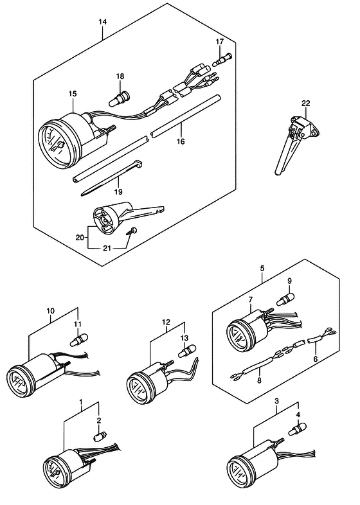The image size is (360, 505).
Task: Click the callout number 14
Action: tap(102, 22)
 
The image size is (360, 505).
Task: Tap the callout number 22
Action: tap(305, 103)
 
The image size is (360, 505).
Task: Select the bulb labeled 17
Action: tap(221, 59)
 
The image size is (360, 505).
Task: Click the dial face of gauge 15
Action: tap(55, 144)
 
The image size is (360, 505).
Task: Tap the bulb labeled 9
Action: tap(285, 299)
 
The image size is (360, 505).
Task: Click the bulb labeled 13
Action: tap(187, 351)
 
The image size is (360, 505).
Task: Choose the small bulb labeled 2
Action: tap(98, 437)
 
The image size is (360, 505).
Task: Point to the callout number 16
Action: tap(181, 141)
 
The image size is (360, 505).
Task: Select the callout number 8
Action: tap(259, 380)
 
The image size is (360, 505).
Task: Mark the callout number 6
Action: tap(315, 358)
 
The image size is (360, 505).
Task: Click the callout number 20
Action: tap(80, 238)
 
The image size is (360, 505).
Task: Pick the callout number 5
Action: tap(262, 268)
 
